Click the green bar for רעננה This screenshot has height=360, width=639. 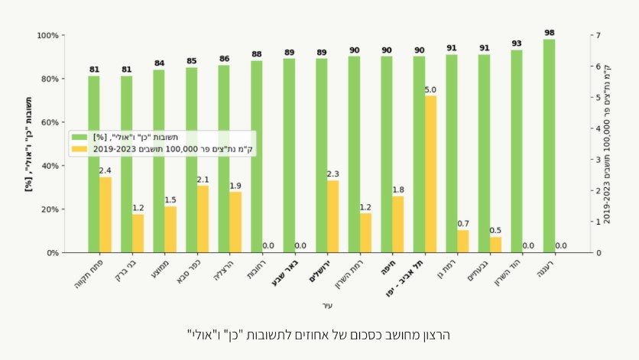click(x=549, y=145)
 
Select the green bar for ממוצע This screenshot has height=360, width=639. click(x=159, y=161)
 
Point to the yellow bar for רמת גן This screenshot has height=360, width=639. click(x=463, y=241)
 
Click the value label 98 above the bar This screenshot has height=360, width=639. click(x=549, y=33)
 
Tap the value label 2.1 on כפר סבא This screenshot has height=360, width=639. click(x=203, y=180)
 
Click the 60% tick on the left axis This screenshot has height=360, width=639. click(x=47, y=122)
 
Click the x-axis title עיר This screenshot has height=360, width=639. click(x=328, y=306)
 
